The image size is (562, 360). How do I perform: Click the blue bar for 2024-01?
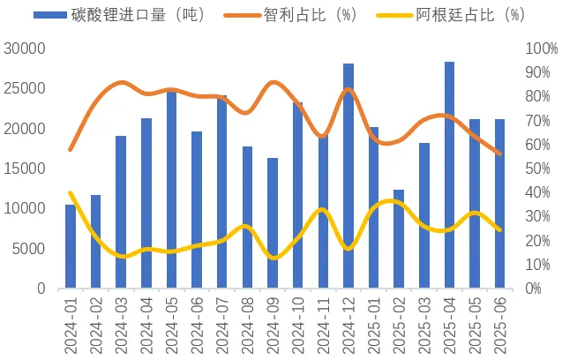pos(71,247)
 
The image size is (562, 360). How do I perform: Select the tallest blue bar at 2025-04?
pos(450,176)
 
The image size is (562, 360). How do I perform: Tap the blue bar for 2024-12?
pos(348,176)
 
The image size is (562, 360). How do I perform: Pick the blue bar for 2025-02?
pos(399,239)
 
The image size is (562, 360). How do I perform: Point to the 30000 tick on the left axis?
pos(26,49)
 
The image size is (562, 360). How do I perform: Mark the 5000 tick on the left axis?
pos(30,249)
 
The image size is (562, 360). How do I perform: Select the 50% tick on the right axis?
pos(537,169)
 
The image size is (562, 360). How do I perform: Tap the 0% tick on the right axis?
pos(534,289)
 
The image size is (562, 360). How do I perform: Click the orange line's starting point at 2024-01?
pos(71,149)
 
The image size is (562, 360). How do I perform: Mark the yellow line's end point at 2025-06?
pos(500,230)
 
